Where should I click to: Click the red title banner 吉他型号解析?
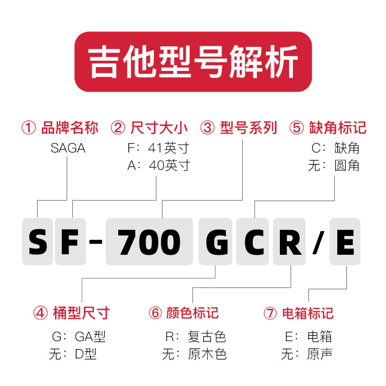pos(193,61)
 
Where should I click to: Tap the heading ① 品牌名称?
pos(60,128)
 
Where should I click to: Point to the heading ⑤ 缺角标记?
pos(328,128)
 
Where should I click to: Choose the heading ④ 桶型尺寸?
pos(71,313)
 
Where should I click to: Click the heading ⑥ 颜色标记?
pos(184,313)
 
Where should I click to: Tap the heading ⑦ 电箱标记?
pos(299,313)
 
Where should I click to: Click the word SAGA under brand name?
pos(68,148)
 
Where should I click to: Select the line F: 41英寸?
pos(158,148)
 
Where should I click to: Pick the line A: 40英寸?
pos(158,165)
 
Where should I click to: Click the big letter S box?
pos(37,242)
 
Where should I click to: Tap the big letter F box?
pos(70,242)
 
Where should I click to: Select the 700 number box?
pos(150,242)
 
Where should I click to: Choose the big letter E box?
pos(345,242)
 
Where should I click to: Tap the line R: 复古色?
pos(195,336)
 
